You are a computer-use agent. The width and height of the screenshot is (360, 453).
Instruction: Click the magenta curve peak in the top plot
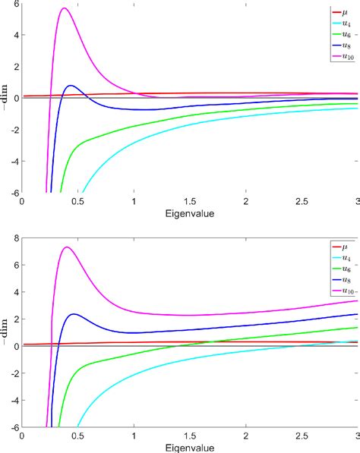click(x=65, y=8)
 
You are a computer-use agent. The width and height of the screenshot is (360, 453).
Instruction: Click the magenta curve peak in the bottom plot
click(x=67, y=247)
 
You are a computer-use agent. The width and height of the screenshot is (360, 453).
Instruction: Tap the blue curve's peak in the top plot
click(x=71, y=86)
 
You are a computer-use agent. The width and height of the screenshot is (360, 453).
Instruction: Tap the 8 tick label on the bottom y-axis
click(x=14, y=238)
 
